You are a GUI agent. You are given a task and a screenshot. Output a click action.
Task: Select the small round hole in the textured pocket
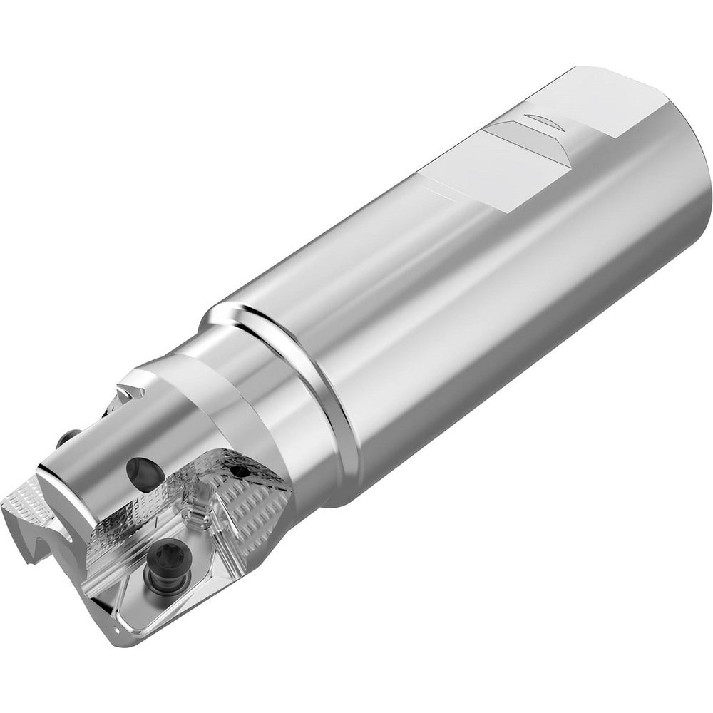(x=242, y=471)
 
